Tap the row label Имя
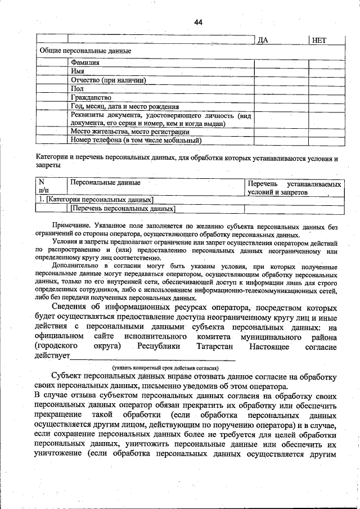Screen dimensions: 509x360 click(x=78, y=71)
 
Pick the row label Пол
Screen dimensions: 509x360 click(x=77, y=88)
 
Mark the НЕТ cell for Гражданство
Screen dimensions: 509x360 click(x=326, y=97)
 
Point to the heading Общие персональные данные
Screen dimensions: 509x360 click(x=84, y=51)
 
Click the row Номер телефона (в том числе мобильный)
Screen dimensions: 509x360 click(x=136, y=141)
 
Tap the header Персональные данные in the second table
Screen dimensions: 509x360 click(x=105, y=183)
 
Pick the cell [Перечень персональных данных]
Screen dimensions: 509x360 click(x=123, y=209)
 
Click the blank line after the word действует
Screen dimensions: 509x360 click(x=152, y=357)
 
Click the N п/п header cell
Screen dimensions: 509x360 click(x=44, y=187)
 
